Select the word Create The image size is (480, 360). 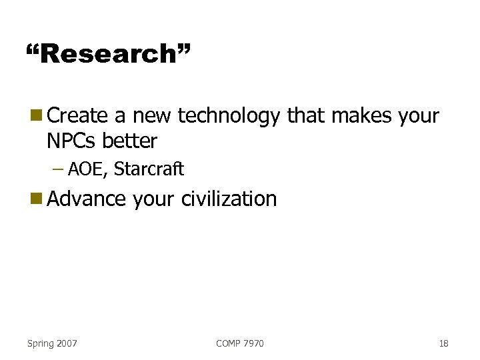(x=78, y=116)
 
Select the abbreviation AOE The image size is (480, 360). (x=84, y=169)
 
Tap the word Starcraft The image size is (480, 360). (x=149, y=169)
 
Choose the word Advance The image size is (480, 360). (x=87, y=199)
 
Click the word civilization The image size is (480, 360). (x=229, y=199)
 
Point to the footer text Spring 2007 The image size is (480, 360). (x=52, y=343)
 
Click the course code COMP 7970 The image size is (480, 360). (x=240, y=343)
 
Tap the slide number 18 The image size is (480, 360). (x=443, y=343)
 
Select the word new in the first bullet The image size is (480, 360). (x=153, y=116)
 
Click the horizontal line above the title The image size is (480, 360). (x=240, y=27)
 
